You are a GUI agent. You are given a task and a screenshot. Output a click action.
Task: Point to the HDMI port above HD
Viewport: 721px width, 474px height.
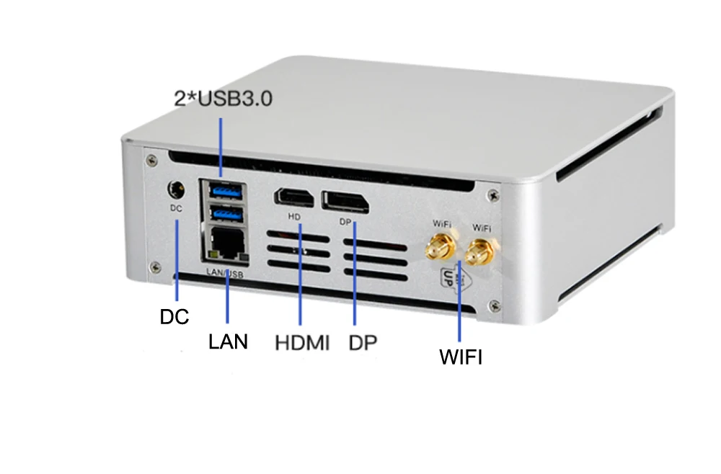click(x=293, y=198)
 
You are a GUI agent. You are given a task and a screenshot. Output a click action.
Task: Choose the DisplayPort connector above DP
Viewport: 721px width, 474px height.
click(x=345, y=200)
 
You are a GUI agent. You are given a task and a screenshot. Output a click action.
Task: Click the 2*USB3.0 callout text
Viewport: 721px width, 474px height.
click(x=224, y=99)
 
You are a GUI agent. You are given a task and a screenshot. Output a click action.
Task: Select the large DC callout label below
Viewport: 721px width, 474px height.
click(x=174, y=317)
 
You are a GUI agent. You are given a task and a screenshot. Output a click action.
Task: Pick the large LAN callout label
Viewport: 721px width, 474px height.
click(x=228, y=341)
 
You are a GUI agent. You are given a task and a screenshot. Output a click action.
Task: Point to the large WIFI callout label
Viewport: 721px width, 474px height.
click(x=461, y=357)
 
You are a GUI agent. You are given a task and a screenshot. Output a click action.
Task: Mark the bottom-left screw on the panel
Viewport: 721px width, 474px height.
click(x=153, y=267)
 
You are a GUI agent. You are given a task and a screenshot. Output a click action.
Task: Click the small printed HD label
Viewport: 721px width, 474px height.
click(x=293, y=216)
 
